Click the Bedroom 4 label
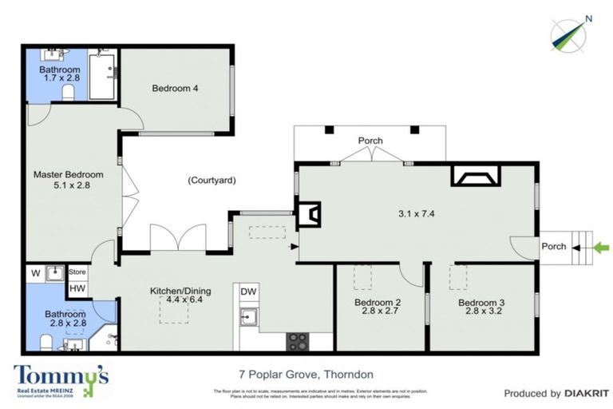click(175, 89)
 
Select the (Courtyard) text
click(212, 181)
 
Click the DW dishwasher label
click(249, 292)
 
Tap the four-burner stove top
click(299, 341)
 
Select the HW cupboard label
click(77, 288)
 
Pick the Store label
click(77, 272)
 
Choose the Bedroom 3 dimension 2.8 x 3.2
click(481, 313)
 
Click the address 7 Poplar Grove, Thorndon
click(306, 374)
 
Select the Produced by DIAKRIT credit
click(550, 393)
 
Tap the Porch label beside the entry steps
click(553, 246)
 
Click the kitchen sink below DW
click(249, 317)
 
